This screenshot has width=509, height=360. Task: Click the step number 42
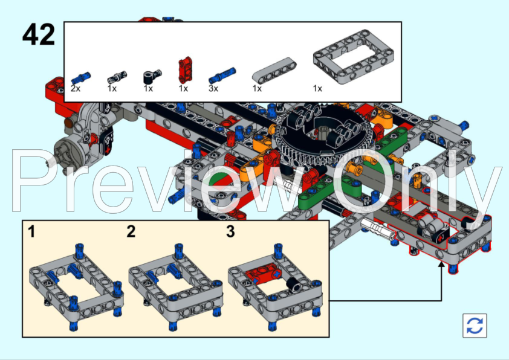[39, 34]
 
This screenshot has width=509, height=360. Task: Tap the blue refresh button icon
[475, 326]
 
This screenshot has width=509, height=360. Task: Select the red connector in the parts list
[185, 69]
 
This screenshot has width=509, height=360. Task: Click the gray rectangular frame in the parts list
[354, 57]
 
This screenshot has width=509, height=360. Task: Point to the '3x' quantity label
[213, 89]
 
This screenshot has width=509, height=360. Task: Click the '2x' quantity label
[76, 89]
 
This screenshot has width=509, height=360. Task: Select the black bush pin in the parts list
[152, 77]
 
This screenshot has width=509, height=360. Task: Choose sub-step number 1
[31, 232]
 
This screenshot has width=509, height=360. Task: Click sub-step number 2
[131, 232]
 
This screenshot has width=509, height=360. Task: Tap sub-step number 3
[230, 232]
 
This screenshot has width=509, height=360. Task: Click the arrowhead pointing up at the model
[441, 265]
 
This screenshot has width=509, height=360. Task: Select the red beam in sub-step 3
[264, 274]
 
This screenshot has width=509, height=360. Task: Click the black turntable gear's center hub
[322, 132]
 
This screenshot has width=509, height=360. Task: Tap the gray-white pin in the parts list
[117, 77]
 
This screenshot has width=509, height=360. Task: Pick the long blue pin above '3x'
[222, 76]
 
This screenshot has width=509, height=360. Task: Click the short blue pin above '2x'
[81, 78]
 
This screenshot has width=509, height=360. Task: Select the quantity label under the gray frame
[317, 89]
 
